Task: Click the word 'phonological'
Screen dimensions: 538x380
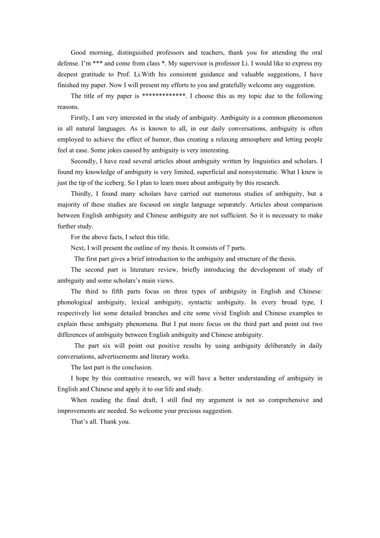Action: point(75,302)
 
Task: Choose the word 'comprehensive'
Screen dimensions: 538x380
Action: point(287,400)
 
